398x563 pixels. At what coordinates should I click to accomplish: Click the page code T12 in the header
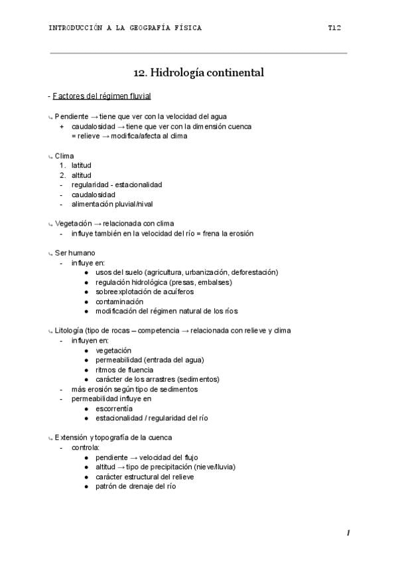334,28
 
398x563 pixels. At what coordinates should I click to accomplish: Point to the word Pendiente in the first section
72,116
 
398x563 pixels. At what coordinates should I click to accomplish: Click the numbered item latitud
82,165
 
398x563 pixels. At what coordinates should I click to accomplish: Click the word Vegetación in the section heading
73,224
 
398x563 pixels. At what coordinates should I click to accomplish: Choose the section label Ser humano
75,252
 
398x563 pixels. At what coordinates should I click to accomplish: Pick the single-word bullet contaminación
119,301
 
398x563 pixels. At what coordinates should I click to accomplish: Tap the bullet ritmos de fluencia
125,369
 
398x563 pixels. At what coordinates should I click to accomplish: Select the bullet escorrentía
113,408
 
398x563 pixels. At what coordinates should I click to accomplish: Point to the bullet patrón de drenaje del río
135,486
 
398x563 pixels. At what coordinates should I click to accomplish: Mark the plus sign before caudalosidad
62,126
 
